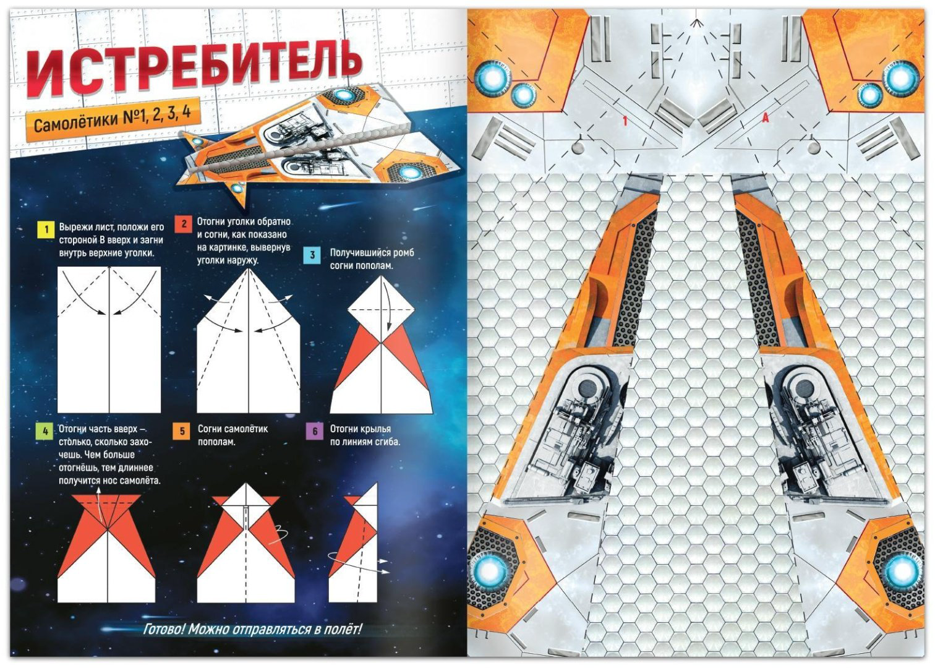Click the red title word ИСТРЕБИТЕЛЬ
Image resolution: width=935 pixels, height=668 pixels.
point(195,66)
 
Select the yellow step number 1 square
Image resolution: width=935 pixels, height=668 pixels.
point(46,229)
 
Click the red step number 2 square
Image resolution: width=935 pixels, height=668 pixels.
point(184,224)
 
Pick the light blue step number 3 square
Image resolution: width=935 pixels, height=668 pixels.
point(313,255)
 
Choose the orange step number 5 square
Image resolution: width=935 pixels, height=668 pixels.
point(182,430)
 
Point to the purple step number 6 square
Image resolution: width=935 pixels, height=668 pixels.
point(315,431)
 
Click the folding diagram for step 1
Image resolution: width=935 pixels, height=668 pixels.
point(109,339)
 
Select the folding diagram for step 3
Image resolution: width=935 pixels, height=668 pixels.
point(382,345)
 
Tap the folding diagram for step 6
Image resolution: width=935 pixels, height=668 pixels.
point(359,543)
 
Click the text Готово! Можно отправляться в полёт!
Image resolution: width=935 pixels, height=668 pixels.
point(252,629)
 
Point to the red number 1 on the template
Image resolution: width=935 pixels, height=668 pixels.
point(625,121)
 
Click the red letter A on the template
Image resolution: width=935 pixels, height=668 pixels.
point(765,118)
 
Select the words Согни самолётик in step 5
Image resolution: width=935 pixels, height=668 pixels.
point(233,429)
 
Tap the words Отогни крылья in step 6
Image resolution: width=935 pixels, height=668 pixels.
point(361,429)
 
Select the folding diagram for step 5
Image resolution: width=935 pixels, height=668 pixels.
point(246,543)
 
